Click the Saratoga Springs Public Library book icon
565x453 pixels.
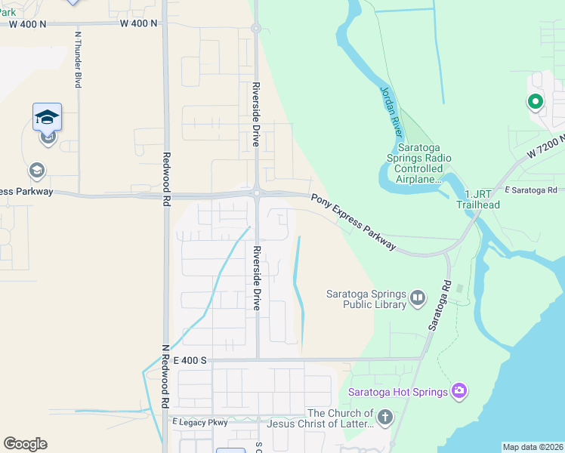(418, 300)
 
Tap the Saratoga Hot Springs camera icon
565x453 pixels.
(458, 390)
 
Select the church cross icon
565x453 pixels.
(384, 418)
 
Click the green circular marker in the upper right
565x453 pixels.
(535, 101)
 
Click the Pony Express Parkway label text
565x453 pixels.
(353, 220)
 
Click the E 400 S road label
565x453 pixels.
(190, 361)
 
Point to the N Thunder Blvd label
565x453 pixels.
(78, 60)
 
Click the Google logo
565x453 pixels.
(25, 444)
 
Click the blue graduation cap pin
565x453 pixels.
(47, 117)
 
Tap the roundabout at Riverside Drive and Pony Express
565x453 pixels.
(257, 193)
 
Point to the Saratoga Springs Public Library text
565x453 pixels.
(366, 300)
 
